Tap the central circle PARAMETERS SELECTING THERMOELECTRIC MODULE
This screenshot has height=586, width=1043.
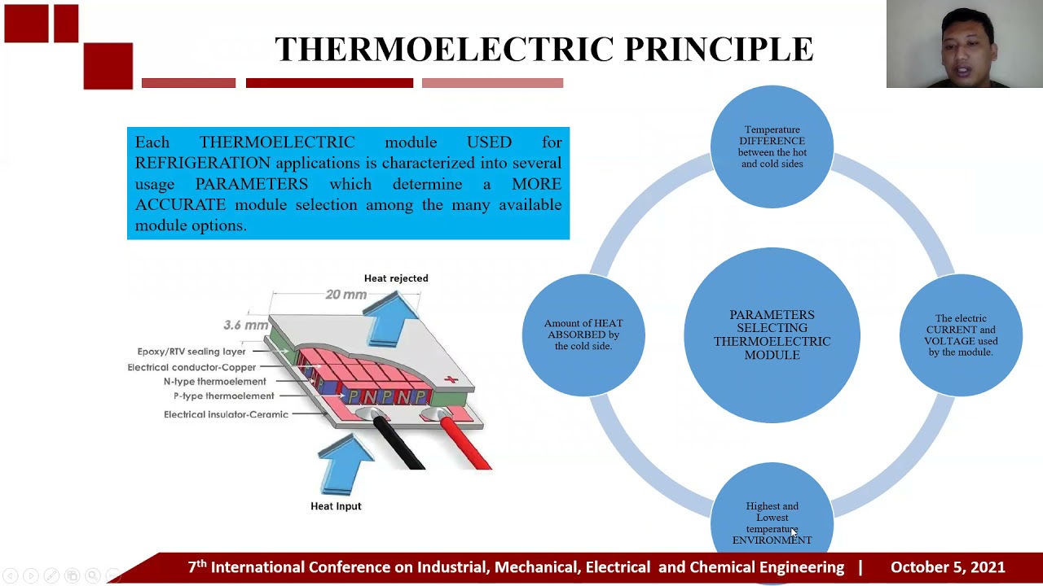point(772,335)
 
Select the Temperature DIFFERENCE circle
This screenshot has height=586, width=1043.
point(772,146)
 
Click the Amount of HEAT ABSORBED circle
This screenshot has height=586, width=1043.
point(583,335)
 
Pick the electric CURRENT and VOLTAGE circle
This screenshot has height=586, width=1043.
point(961,335)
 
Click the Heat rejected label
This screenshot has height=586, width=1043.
point(396,278)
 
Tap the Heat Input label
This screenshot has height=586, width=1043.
point(336,506)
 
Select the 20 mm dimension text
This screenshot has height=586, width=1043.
point(345,295)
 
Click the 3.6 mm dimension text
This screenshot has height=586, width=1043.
point(245,326)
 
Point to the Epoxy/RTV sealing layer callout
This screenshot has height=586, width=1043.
point(191,352)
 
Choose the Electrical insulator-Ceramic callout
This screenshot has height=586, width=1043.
point(226,414)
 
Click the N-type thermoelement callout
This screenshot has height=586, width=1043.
point(214,382)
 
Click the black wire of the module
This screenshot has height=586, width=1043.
point(403,448)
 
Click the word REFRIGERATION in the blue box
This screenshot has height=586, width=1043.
point(203,164)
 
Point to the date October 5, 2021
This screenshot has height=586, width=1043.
point(948,567)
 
